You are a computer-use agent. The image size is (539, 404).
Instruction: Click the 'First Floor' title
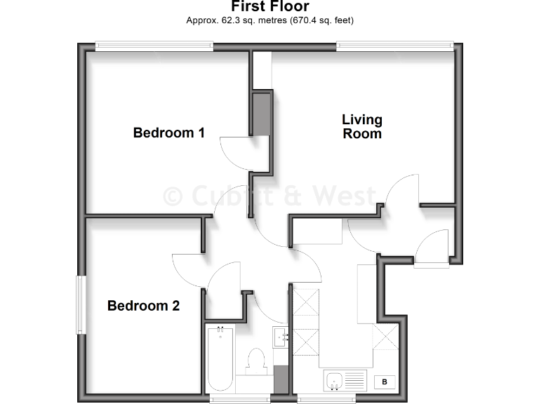pyautogui.click(x=269, y=7)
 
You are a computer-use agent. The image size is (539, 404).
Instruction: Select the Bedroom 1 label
pyautogui.click(x=168, y=132)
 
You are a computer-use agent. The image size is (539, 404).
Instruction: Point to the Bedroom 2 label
pyautogui.click(x=143, y=306)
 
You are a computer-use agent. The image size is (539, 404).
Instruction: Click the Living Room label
pyautogui.click(x=362, y=126)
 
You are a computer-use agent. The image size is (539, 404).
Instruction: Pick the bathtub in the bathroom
pyautogui.click(x=220, y=357)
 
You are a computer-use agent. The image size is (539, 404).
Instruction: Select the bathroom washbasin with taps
pyautogui.click(x=281, y=337)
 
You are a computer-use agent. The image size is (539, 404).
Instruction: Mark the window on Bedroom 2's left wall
pyautogui.click(x=81, y=305)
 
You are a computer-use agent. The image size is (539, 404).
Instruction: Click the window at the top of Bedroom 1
pyautogui.click(x=154, y=46)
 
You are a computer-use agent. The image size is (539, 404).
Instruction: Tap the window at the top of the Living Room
pyautogui.click(x=394, y=46)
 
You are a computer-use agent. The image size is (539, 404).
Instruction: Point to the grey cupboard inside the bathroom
pyautogui.click(x=281, y=379)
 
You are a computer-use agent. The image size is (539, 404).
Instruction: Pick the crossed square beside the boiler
pyautogui.click(x=385, y=339)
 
